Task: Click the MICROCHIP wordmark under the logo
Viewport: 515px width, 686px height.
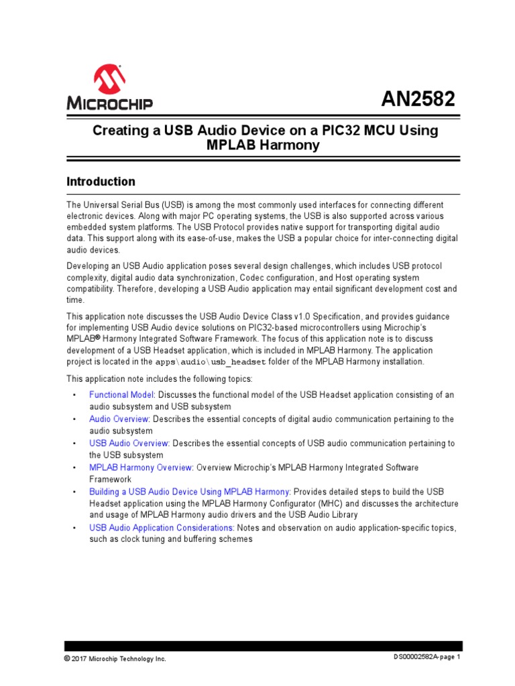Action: (109, 104)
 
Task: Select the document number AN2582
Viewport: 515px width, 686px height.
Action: (418, 99)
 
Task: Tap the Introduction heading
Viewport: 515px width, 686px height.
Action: (100, 182)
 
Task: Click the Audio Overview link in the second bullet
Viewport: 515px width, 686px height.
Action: (119, 419)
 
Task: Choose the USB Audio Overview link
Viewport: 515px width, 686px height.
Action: (129, 443)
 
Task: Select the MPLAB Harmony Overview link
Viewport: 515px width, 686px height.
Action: (141, 468)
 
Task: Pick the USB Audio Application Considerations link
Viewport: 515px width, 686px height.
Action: (162, 528)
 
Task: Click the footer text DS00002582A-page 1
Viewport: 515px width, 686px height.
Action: (426, 657)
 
